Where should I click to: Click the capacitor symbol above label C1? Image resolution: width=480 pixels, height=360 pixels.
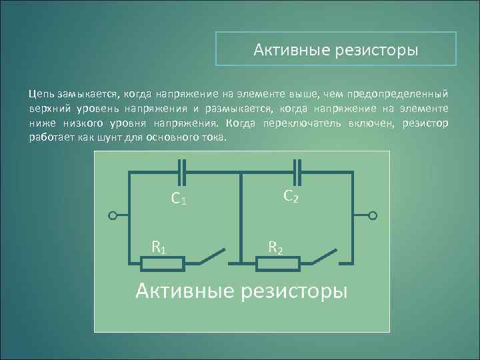click(182, 173)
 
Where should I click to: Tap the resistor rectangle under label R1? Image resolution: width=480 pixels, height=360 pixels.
click(163, 265)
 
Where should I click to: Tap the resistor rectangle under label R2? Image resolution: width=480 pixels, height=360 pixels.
click(279, 265)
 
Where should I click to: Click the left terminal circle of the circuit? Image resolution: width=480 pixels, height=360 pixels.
click(113, 216)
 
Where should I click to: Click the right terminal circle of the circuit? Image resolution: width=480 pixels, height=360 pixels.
click(373, 216)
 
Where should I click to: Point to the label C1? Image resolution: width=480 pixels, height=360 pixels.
click(178, 199)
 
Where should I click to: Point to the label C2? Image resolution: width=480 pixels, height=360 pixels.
click(291, 196)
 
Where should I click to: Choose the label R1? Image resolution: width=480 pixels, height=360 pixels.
click(159, 248)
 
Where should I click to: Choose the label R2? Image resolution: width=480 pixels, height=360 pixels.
click(275, 248)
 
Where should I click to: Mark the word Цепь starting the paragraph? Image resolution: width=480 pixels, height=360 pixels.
click(42, 95)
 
